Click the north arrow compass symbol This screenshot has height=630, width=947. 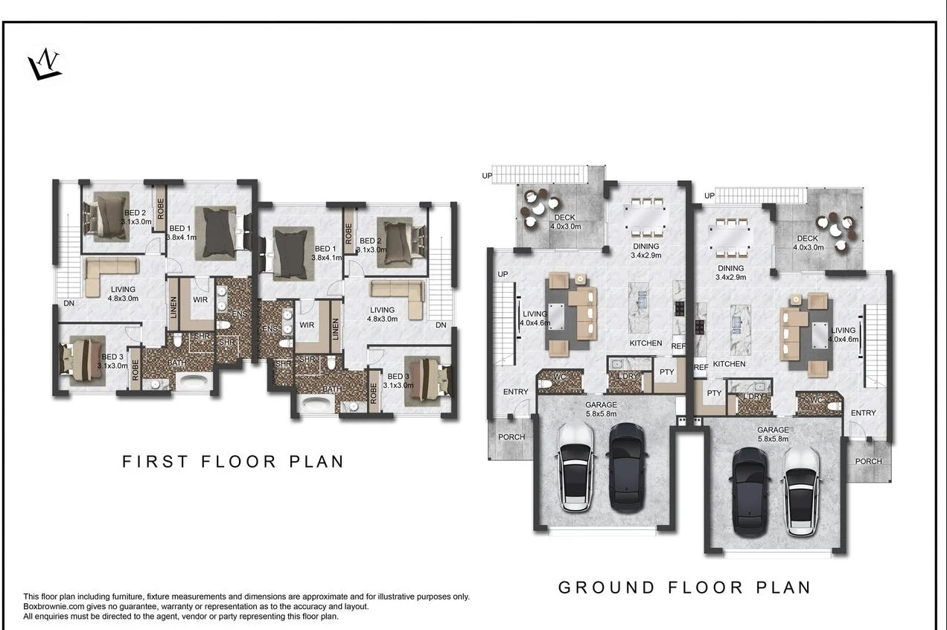(x=45, y=65)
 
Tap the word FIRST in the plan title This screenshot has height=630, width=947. (x=155, y=462)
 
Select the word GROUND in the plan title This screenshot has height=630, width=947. (x=607, y=588)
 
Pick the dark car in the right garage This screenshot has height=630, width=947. (x=750, y=492)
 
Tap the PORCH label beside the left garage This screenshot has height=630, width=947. (x=511, y=437)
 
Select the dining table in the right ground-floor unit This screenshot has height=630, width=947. (x=731, y=238)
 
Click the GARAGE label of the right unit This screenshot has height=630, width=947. (x=773, y=430)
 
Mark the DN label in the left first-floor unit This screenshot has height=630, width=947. (x=69, y=303)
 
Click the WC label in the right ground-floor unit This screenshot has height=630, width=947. (x=817, y=400)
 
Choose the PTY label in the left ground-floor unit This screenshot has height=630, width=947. (x=667, y=372)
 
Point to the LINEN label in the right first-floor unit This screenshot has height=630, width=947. (x=336, y=329)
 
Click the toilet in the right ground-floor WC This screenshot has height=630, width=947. (x=834, y=407)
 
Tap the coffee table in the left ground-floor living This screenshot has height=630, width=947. (x=556, y=316)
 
